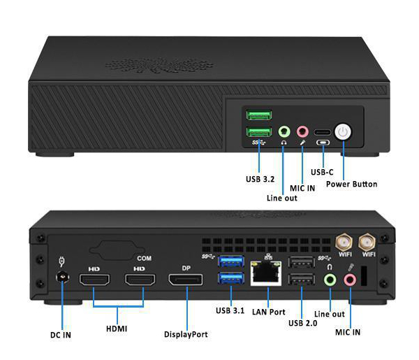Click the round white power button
pyautogui.click(x=344, y=132)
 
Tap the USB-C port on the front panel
pyautogui.click(x=323, y=132)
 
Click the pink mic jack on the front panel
pyautogui.click(x=302, y=131)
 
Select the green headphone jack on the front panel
pyautogui.click(x=284, y=131)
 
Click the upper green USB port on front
pyautogui.click(x=258, y=115)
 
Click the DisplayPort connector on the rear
pyautogui.click(x=186, y=280)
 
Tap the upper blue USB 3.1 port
pyautogui.click(x=230, y=262)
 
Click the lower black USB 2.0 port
pyautogui.click(x=301, y=281)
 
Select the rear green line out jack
pyautogui.click(x=331, y=280)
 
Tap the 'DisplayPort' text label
pyautogui.click(x=186, y=334)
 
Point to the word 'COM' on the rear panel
pyautogui.click(x=145, y=258)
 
